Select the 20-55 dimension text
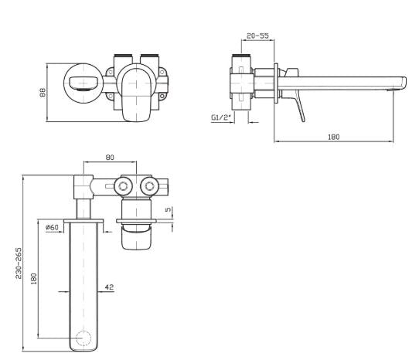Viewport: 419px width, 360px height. point(257,36)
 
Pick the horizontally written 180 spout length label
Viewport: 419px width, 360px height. point(334,137)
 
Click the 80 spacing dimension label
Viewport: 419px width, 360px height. point(110,157)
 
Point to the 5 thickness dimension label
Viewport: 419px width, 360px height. point(168,209)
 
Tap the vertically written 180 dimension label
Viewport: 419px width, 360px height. point(33,278)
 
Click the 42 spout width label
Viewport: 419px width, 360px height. point(109,287)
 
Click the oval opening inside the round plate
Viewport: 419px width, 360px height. point(80,81)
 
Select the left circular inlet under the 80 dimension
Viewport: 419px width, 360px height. point(121,185)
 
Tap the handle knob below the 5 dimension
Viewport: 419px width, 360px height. point(138,238)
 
